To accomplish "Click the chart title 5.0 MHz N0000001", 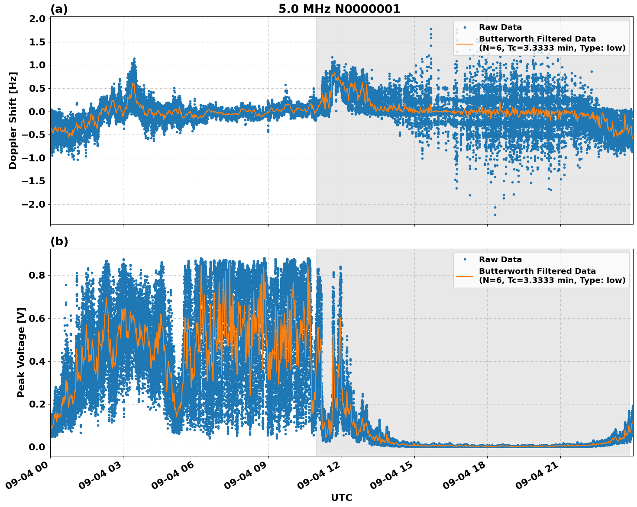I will tap(339, 9).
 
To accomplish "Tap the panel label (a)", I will tap(59, 9).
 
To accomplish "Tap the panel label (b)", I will tap(59, 241).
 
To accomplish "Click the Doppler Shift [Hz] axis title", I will tap(13, 120).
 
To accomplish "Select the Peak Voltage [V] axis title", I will tap(21, 352).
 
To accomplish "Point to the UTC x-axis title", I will tap(341, 497).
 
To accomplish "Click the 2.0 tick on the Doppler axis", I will tap(38, 19).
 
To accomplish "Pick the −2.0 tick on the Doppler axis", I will tap(35, 204).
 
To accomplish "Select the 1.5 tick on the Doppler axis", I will tap(38, 42).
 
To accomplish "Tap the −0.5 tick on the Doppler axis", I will tap(35, 135).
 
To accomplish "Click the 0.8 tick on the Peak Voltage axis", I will tap(38, 275).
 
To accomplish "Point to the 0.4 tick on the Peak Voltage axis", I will tap(38, 361).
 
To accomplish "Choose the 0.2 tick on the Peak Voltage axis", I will tap(38, 404).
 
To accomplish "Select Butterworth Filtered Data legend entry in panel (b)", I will tap(537, 276).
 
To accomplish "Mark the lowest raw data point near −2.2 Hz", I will tap(495, 215).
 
